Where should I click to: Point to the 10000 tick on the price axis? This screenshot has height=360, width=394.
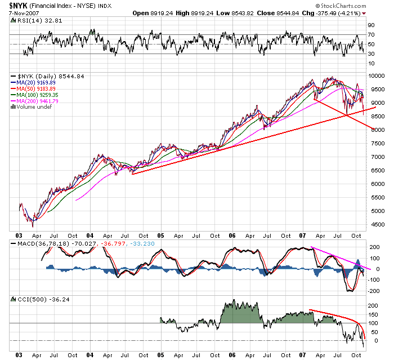376,76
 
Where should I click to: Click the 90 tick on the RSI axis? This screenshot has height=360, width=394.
371,25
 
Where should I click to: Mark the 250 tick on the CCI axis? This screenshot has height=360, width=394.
372,296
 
